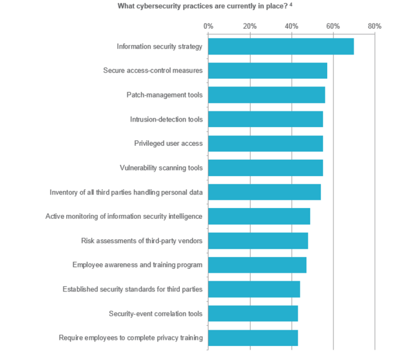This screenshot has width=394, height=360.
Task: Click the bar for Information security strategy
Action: pos(281,47)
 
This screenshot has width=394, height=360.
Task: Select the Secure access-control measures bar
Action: pos(268,71)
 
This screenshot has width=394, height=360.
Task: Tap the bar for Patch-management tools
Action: pos(267,95)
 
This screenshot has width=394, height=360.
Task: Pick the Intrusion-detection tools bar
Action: pos(266,119)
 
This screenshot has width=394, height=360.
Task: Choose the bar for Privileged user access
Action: pos(266,143)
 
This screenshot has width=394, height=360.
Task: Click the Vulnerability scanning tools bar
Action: pos(266,167)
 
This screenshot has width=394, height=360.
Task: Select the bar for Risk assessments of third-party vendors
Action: pos(258,241)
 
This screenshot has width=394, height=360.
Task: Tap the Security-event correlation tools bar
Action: pos(253,313)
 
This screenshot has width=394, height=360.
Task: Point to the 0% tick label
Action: pos(208,26)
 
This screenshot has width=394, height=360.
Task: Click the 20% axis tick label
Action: pos(250,26)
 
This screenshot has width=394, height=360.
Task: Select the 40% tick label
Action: pos(291,26)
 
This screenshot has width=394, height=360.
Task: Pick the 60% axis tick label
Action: pos(333,26)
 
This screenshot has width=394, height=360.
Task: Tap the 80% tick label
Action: pos(375,26)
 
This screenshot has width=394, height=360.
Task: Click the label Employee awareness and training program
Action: pos(137,265)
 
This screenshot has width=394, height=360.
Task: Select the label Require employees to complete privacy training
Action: pos(131,337)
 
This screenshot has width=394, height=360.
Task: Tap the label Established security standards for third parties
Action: pos(132,289)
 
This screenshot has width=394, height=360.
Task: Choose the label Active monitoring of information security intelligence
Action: pos(124,216)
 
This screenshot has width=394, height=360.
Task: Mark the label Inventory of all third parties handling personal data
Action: pos(126,192)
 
